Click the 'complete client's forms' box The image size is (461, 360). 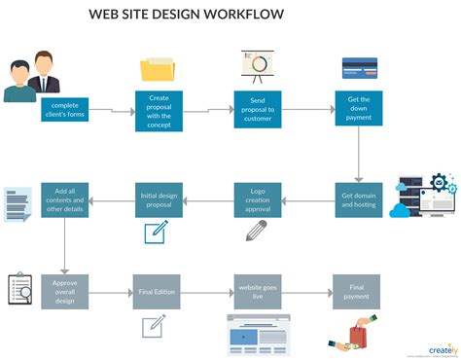64,110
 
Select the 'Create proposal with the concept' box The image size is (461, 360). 159,110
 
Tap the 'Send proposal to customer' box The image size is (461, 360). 258,110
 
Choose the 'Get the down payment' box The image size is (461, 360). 358,110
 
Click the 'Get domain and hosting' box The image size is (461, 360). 358,200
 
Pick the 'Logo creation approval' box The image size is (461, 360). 258,200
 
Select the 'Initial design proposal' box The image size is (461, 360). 159,200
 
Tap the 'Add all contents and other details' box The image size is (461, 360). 64,200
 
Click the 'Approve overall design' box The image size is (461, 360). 64,291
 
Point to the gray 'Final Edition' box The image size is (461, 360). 158,291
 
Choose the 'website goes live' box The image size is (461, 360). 258,291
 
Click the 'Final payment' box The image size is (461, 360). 357,291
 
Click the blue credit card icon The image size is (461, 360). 360,67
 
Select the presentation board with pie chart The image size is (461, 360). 258,65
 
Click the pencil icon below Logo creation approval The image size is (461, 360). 256,232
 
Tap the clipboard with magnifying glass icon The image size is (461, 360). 20,289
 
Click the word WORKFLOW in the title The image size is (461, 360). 241,15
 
